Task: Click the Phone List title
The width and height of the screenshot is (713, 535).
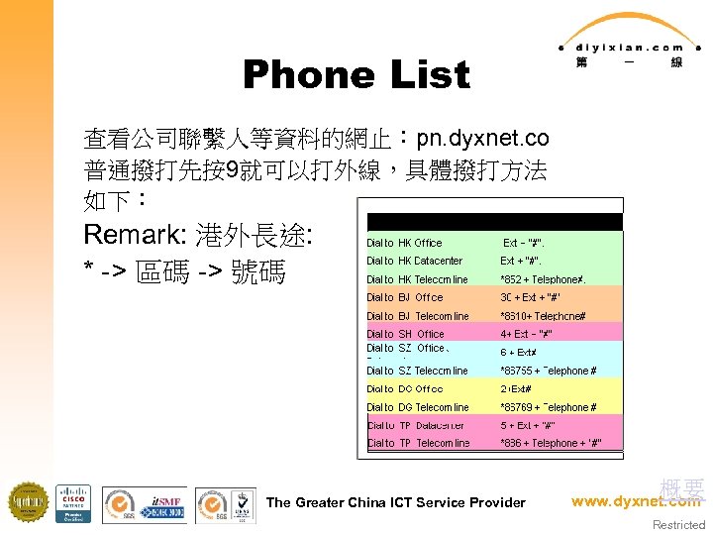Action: (356, 75)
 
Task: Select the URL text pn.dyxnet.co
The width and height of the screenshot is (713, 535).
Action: (482, 137)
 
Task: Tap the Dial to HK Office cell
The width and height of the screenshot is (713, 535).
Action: (404, 243)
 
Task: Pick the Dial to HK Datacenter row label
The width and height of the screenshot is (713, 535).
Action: (414, 261)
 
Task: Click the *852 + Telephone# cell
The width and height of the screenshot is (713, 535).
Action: (543, 279)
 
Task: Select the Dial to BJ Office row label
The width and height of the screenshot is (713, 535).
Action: (404, 297)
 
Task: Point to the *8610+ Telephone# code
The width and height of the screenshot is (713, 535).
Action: (543, 316)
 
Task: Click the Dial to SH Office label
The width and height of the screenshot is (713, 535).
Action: (405, 334)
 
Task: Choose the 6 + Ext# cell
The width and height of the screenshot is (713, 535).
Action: (519, 352)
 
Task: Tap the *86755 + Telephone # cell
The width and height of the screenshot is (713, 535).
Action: (548, 371)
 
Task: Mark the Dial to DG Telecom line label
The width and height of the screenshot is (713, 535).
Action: (417, 407)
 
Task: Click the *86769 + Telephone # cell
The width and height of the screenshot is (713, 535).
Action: (548, 407)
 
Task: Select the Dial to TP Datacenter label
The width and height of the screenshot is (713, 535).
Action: (415, 425)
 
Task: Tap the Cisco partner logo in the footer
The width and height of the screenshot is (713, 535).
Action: (73, 503)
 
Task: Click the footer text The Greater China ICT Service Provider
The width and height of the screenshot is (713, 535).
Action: (396, 502)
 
